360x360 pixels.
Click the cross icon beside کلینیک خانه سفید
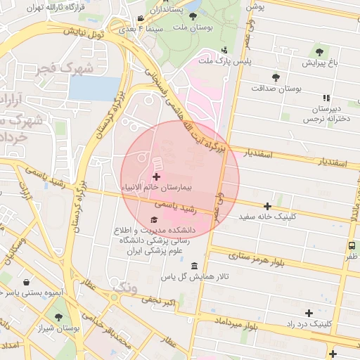coord(267,206)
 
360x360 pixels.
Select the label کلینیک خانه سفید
coord(268,217)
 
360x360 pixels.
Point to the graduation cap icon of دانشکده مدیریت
coord(153,220)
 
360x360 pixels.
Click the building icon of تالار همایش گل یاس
coord(194,266)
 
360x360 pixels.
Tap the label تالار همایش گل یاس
coord(194,277)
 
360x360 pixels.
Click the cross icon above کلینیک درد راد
coord(308,312)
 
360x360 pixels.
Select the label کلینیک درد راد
coord(309,323)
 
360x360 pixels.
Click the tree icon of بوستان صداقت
coord(275,78)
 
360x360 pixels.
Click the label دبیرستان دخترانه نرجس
coord(326,114)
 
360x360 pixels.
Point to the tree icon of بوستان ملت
coord(193,15)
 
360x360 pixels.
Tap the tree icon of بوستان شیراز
coord(58,317)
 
